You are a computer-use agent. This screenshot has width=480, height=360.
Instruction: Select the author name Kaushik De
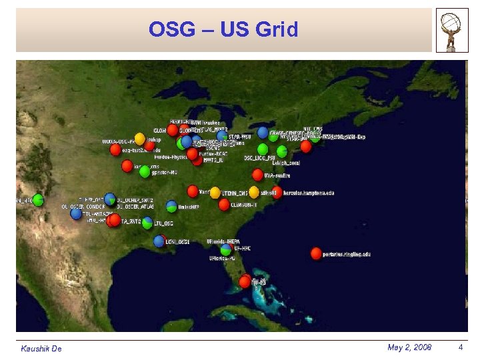[41, 349]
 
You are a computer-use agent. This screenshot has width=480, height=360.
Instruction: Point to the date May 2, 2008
[409, 347]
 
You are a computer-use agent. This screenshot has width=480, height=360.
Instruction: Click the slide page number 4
[460, 347]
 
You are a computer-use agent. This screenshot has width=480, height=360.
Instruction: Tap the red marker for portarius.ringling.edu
[316, 253]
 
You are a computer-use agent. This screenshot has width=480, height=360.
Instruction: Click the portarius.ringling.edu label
[347, 254]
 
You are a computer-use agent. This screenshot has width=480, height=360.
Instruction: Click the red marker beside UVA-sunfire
[257, 175]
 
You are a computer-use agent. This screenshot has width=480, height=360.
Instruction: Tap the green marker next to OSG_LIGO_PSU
[263, 149]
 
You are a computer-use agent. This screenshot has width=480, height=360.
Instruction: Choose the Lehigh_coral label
[287, 163]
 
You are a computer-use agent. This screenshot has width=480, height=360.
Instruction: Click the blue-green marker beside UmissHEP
[171, 207]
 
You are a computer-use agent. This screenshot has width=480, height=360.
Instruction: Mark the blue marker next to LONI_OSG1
[159, 241]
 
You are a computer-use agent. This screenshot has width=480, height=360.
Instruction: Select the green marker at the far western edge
[38, 199]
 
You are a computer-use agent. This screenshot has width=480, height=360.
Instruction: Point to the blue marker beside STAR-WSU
[222, 136]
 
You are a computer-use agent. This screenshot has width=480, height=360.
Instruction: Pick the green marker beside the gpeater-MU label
[145, 171]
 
